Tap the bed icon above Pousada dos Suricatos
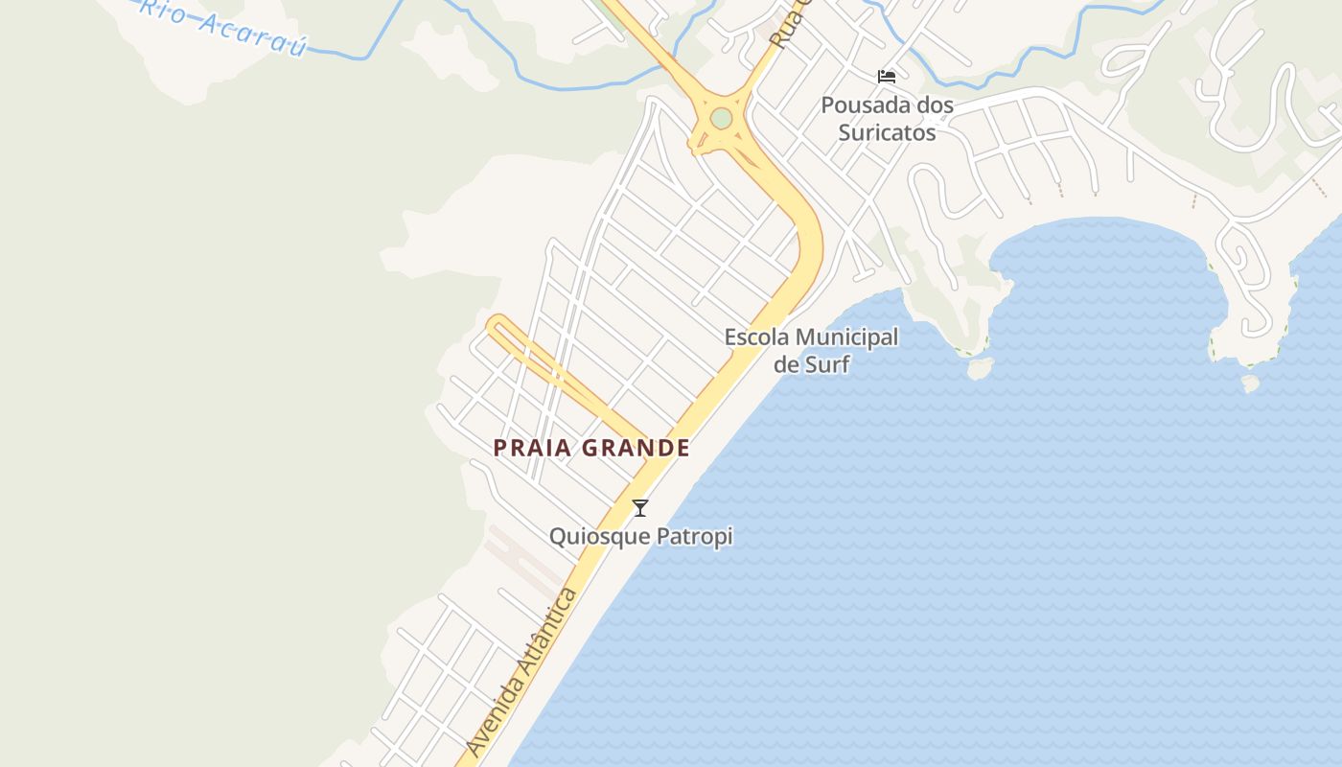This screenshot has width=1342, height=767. click(x=887, y=76)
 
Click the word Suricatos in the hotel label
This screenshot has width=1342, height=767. click(x=887, y=131)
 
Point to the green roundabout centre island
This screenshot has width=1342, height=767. click(x=722, y=118)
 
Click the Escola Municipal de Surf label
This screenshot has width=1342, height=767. click(x=811, y=350)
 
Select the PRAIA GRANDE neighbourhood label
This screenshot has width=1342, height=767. click(x=591, y=448)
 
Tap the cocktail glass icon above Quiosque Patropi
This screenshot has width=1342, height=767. click(x=640, y=508)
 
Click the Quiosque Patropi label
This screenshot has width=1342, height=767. click(x=640, y=536)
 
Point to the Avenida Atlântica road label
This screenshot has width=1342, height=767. click(x=523, y=671)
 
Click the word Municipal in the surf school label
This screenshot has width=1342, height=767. click(x=846, y=337)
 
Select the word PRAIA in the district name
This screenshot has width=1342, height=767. click(x=533, y=448)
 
